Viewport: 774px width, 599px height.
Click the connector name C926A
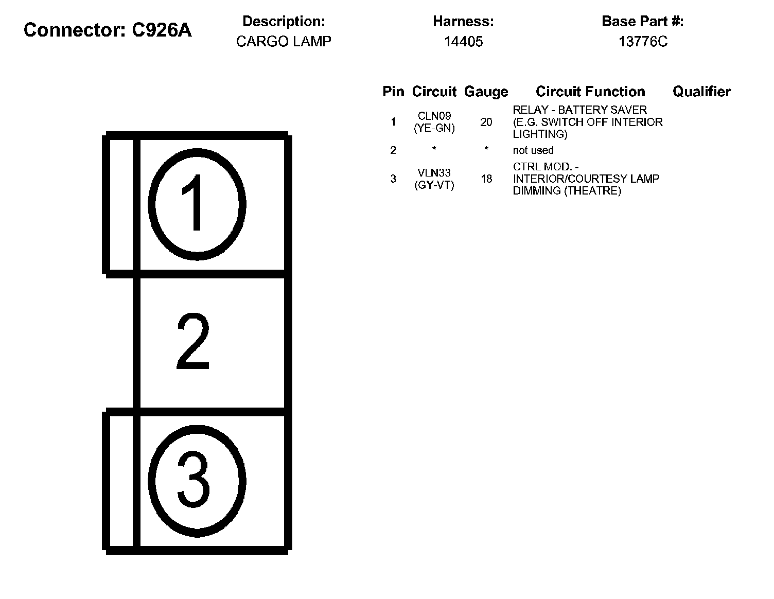[x=162, y=30]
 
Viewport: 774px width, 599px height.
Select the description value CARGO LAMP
[x=284, y=42]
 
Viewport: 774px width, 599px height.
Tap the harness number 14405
[x=463, y=42]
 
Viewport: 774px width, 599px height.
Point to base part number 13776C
[x=642, y=42]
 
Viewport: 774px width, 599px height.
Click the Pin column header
[x=393, y=92]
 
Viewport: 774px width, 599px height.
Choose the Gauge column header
[x=486, y=92]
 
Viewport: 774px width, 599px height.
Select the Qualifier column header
[x=701, y=92]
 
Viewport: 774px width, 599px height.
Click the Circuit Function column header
[x=590, y=92]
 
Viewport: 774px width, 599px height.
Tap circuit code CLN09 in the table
[x=434, y=116]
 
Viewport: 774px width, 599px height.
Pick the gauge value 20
[x=486, y=122]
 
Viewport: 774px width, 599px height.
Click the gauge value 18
[x=486, y=179]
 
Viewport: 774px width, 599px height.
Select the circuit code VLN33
[x=434, y=173]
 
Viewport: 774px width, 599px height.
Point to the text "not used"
[x=533, y=150]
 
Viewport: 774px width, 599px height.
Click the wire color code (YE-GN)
[x=434, y=129]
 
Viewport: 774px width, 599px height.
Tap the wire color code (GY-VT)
[x=434, y=185]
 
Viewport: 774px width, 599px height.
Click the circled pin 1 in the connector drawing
[x=197, y=204]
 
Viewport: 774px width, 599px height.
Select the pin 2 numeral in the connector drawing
[x=193, y=342]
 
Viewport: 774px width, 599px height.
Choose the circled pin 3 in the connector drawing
[x=196, y=481]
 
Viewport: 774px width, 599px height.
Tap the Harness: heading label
[x=463, y=22]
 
